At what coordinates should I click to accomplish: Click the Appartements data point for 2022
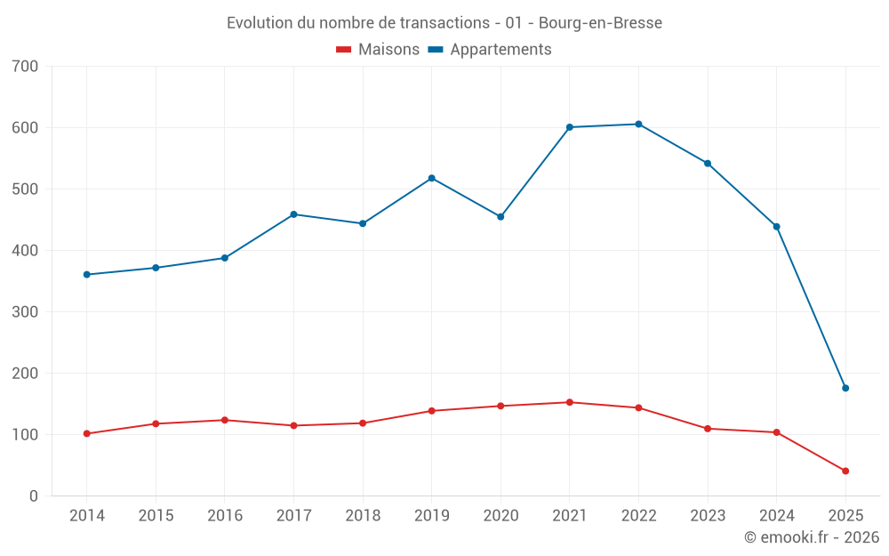638,125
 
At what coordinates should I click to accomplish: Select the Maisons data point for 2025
845,471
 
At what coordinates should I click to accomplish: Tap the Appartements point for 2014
86,275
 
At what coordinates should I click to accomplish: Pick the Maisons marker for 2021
570,402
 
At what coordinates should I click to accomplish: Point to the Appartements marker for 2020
501,217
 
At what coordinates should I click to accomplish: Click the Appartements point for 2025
845,388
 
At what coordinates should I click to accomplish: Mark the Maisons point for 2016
224,420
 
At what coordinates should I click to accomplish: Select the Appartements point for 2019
432,178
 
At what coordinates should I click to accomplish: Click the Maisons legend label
388,50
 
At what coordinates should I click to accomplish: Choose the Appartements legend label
501,50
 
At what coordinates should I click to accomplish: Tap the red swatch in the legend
343,50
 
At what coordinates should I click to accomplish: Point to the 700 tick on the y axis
26,67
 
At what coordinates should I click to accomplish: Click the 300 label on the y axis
26,312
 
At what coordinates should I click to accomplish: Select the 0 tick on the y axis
33,496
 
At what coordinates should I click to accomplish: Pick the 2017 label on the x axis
293,516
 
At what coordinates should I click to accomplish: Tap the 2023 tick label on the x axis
708,516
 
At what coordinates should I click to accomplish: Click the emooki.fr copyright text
812,537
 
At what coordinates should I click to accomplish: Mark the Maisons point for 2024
776,432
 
